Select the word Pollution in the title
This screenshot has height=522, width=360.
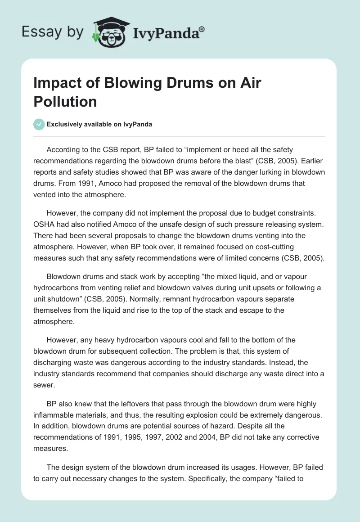[x=65, y=102]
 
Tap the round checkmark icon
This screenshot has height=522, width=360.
[x=39, y=124]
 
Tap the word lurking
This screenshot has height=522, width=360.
[x=257, y=172]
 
